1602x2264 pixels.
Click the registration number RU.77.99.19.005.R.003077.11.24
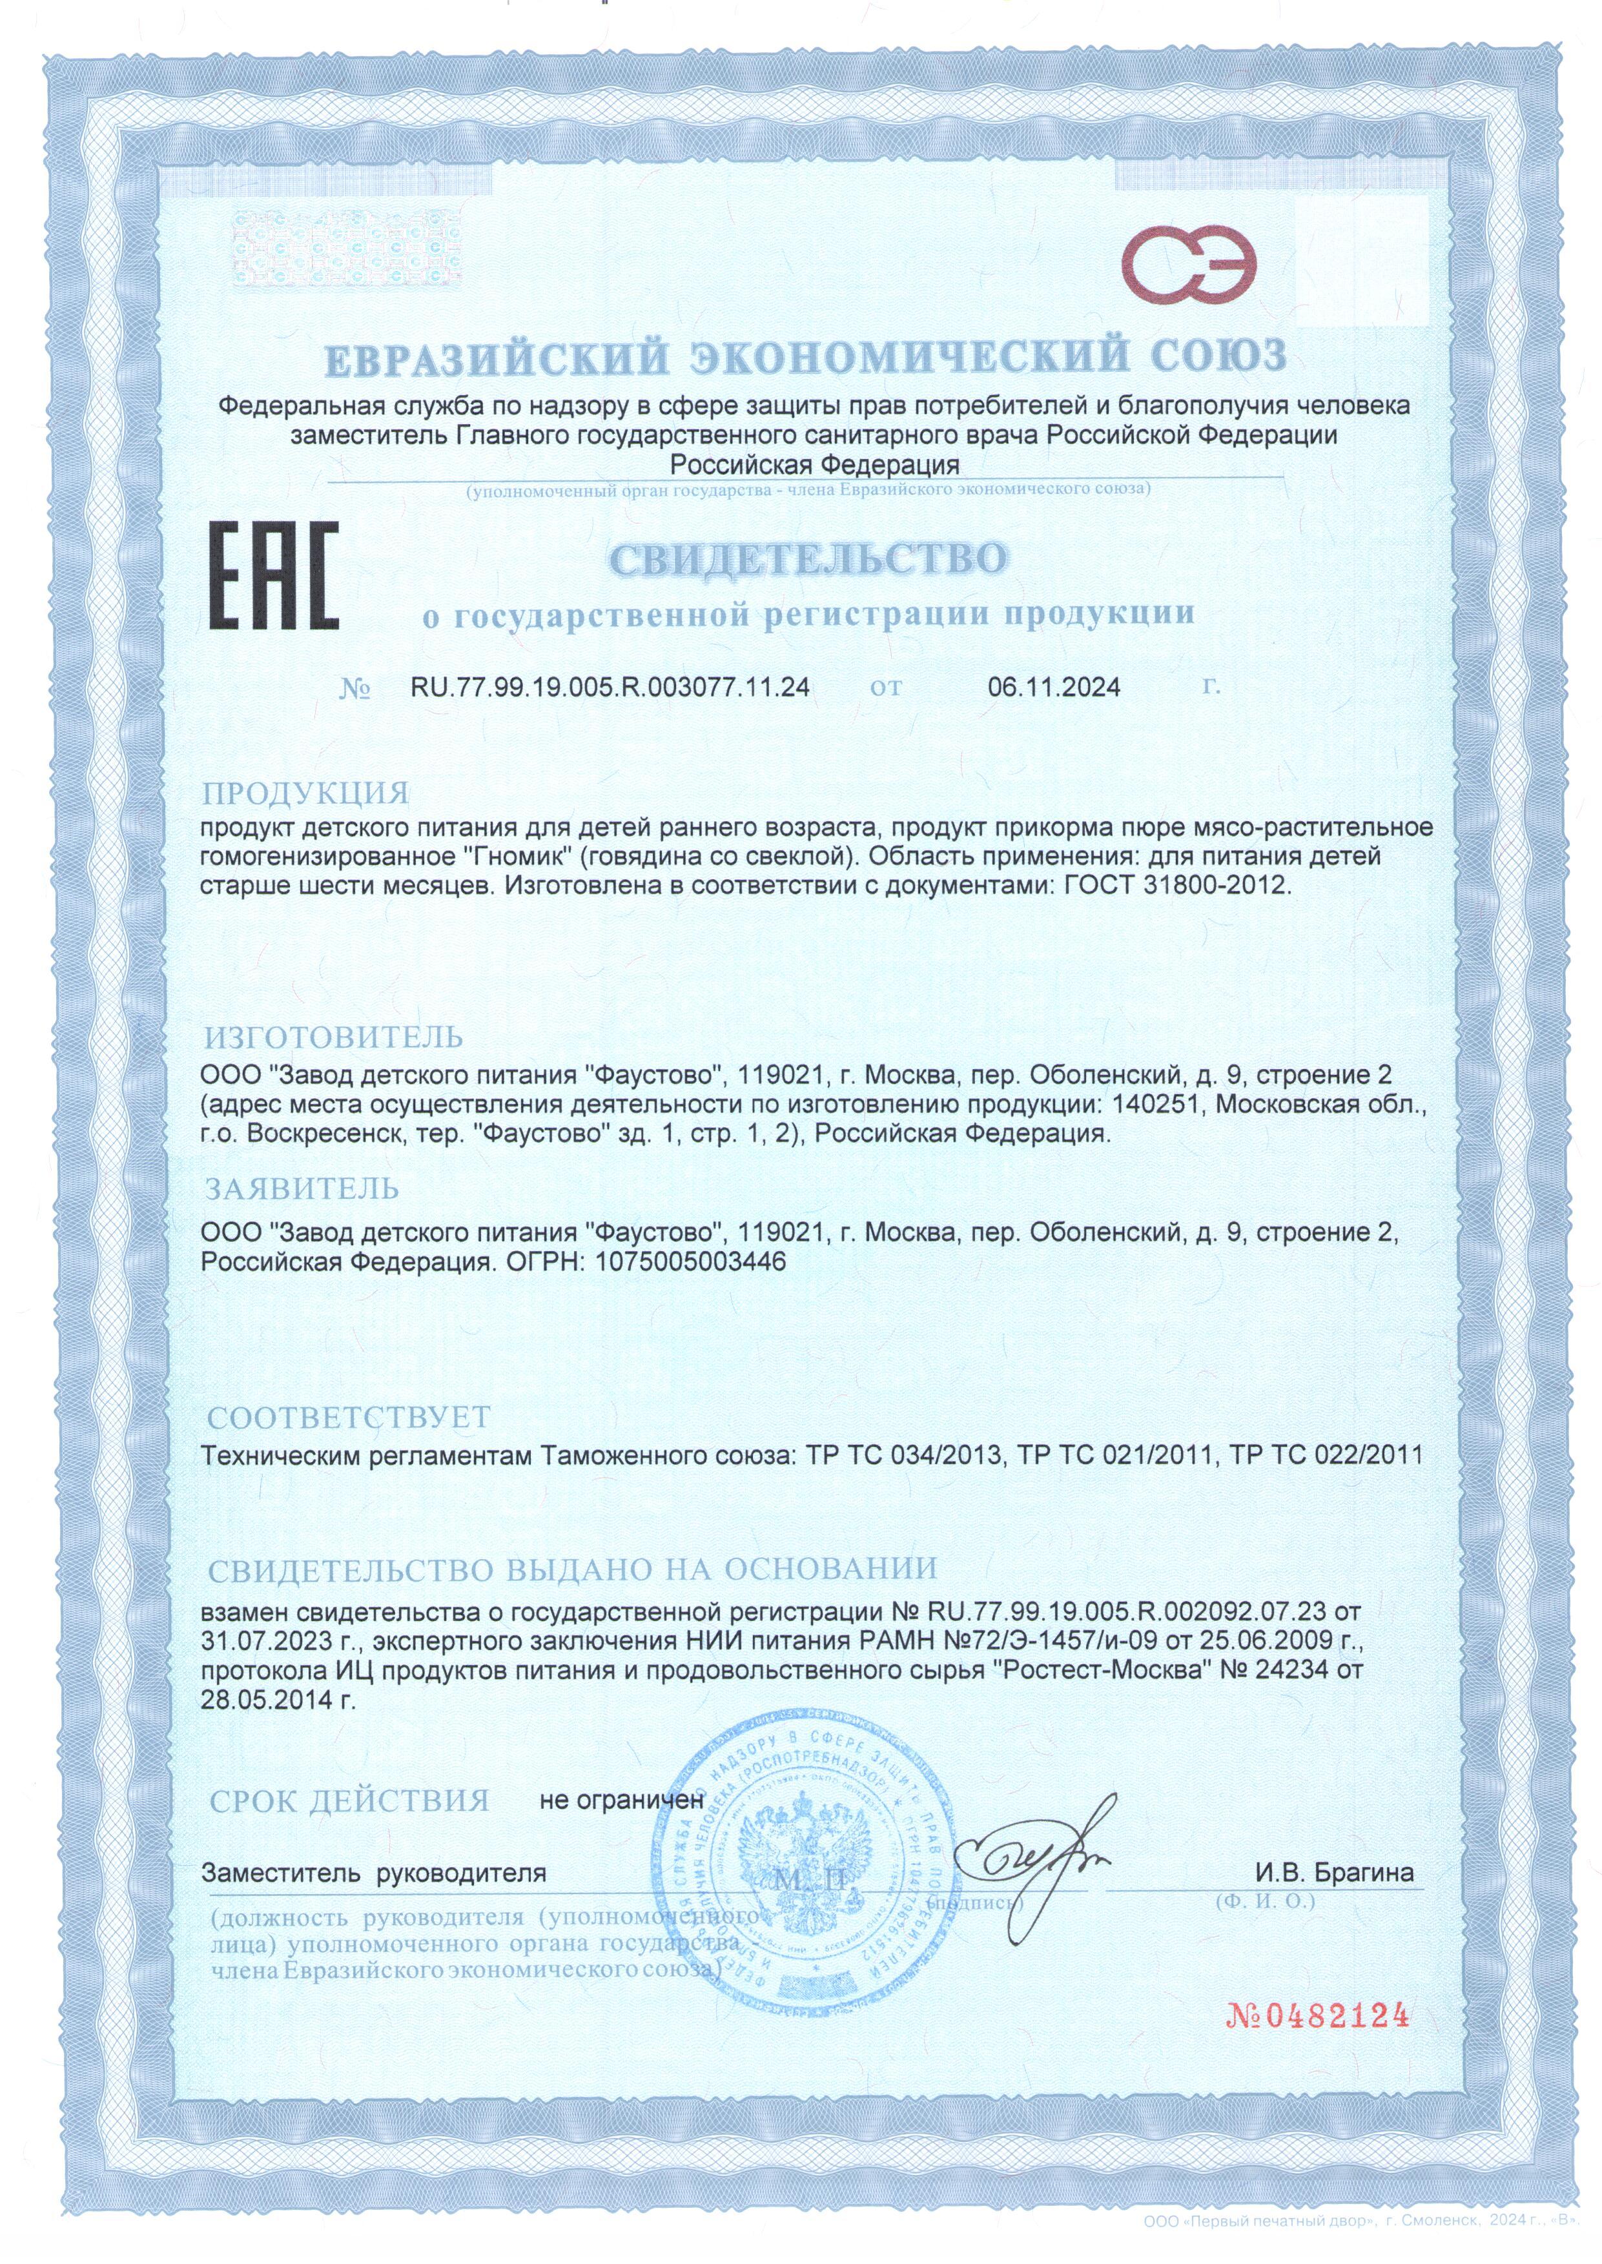click(610, 688)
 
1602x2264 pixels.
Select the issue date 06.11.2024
click(1054, 688)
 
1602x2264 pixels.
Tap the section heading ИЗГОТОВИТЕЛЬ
click(333, 1037)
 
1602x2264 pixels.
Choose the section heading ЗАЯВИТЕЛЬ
click(302, 1189)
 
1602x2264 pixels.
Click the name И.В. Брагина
click(1333, 1873)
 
